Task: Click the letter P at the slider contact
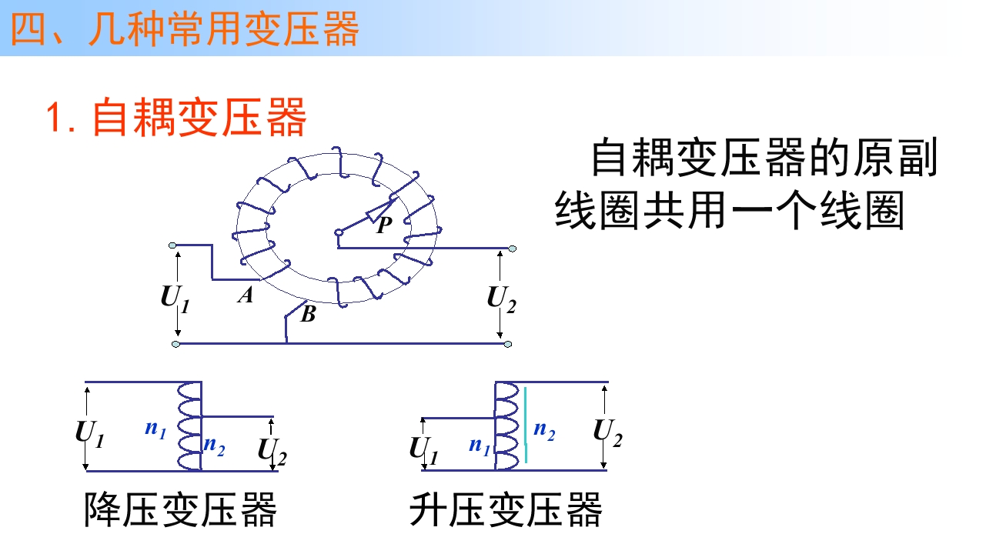(x=384, y=225)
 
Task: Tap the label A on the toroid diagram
(x=246, y=295)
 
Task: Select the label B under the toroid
(x=308, y=314)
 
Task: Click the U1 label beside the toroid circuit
(x=175, y=299)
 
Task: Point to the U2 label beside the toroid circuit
(x=501, y=299)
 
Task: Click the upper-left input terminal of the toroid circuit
(x=172, y=245)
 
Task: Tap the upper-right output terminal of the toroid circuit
(x=513, y=249)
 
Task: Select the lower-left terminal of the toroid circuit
(x=175, y=344)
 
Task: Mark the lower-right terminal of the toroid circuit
(x=508, y=344)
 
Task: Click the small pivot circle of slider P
(x=339, y=233)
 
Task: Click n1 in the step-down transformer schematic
(x=155, y=429)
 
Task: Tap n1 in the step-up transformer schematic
(x=480, y=446)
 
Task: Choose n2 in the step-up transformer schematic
(x=544, y=431)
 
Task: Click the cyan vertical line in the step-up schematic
(x=526, y=425)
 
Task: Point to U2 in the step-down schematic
(x=272, y=452)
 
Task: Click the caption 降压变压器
(x=180, y=510)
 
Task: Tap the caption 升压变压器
(x=506, y=510)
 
